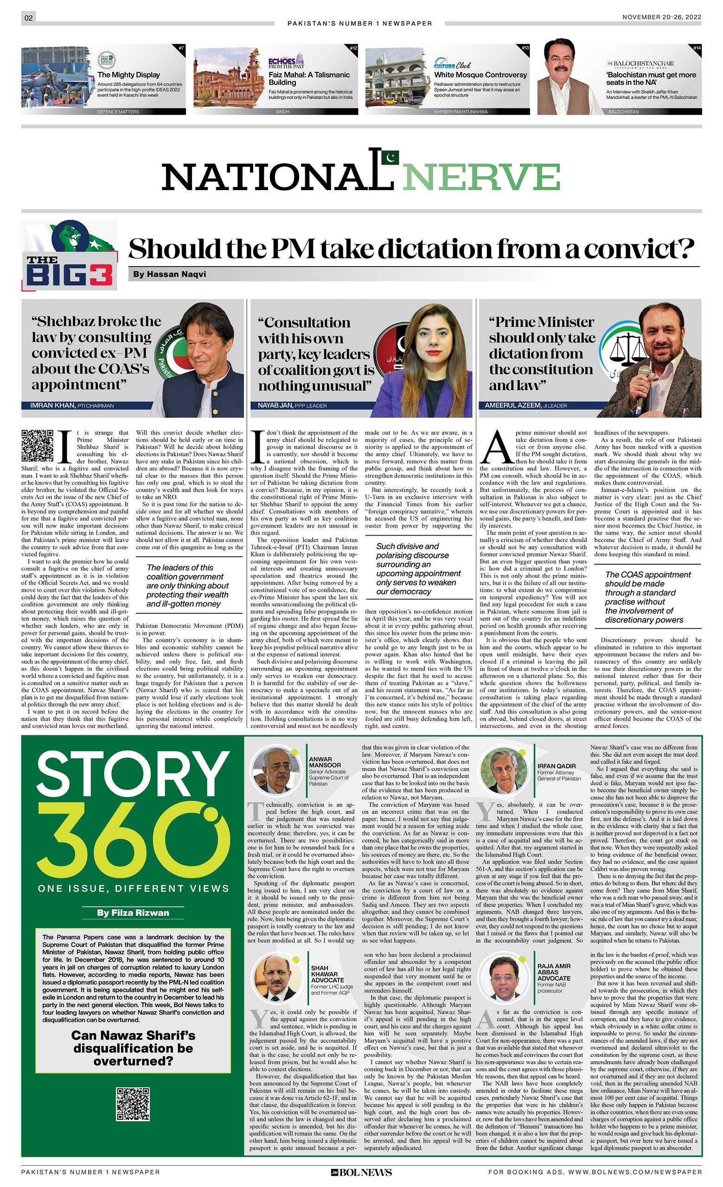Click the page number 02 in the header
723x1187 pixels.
click(28, 18)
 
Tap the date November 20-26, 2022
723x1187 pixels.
click(661, 17)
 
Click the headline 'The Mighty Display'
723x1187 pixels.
click(128, 75)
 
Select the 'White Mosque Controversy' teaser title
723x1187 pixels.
click(480, 75)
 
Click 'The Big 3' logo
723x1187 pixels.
click(70, 255)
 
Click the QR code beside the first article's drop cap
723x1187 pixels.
click(37, 446)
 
